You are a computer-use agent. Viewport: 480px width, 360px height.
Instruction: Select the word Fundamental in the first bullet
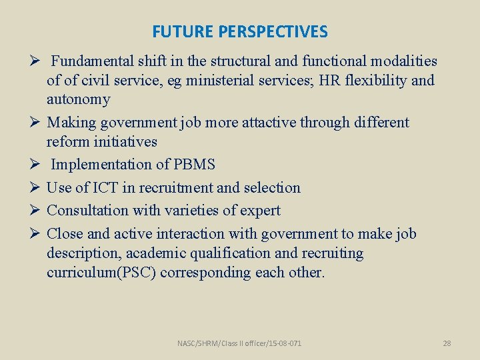(90, 61)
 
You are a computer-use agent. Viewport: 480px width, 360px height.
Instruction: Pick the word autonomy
(78, 100)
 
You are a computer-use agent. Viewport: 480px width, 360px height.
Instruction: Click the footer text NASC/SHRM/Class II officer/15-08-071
(239, 343)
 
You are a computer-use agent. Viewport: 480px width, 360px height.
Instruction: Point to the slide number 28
(447, 343)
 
